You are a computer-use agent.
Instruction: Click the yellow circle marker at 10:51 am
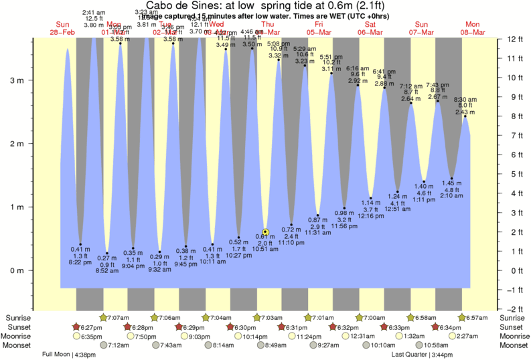(266, 232)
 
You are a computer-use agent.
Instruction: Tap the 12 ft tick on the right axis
(514, 39)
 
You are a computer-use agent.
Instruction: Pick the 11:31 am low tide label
(318, 233)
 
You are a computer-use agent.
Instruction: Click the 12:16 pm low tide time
(370, 216)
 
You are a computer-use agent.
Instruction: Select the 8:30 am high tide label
(465, 99)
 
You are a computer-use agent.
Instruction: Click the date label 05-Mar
(318, 31)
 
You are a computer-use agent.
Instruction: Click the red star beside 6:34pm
(436, 327)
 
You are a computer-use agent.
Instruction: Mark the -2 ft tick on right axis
(514, 309)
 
